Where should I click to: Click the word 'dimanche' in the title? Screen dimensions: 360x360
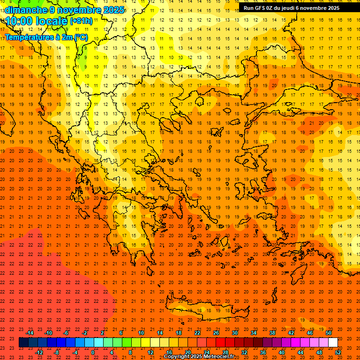[x=26, y=10]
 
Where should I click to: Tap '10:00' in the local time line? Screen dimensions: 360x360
[x=19, y=21]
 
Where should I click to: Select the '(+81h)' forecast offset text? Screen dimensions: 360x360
[x=81, y=21]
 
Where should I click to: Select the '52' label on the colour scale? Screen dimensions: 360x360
[x=338, y=352]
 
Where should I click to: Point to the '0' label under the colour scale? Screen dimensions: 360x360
[x=93, y=352]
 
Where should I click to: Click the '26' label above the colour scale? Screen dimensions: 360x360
[x=216, y=333]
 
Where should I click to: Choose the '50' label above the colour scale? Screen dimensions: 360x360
[x=329, y=333]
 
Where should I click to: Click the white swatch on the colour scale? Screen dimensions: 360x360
[x=333, y=343]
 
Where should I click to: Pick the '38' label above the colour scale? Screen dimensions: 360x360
[x=272, y=333]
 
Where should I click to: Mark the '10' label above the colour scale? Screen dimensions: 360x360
[x=141, y=333]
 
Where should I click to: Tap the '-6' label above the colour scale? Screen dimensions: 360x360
[x=66, y=333]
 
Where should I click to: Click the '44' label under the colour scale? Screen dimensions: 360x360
[x=300, y=352]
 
